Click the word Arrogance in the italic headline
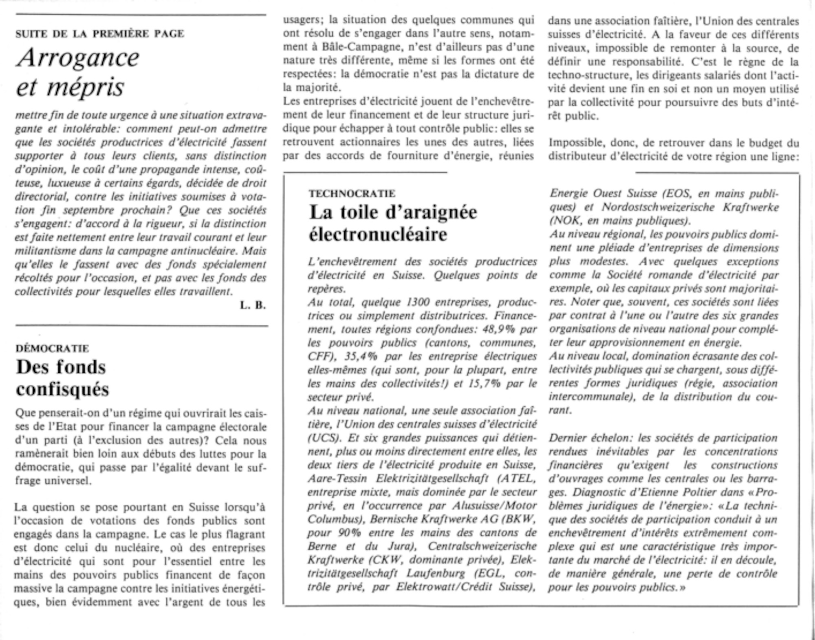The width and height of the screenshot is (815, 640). click(x=78, y=58)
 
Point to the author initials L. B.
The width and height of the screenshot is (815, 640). click(x=253, y=305)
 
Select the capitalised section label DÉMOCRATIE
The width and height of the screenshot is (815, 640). click(x=52, y=349)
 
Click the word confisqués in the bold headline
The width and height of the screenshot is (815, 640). click(x=63, y=389)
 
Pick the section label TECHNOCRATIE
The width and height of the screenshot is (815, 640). click(x=352, y=194)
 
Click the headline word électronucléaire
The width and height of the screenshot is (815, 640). click(x=378, y=234)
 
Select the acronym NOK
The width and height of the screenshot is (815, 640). click(x=562, y=221)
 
